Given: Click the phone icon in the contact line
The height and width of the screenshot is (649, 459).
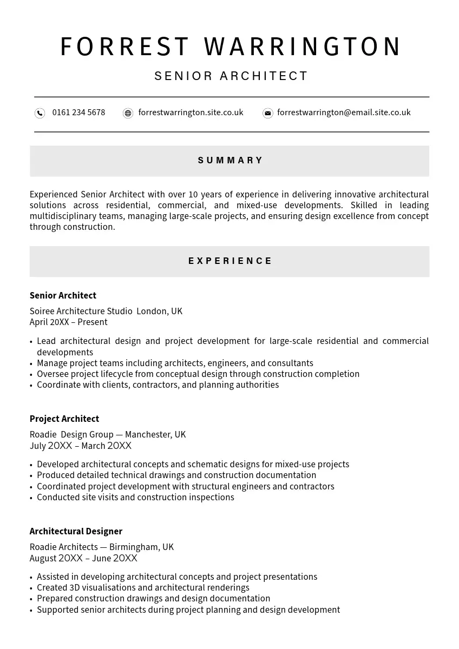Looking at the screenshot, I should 40,113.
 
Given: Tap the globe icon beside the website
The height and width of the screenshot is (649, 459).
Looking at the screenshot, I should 128,113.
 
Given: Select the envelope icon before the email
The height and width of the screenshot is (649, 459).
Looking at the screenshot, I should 267,113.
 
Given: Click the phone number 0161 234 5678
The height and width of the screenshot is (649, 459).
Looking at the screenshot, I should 78,112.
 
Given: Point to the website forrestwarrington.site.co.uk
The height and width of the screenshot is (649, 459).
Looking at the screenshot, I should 191,112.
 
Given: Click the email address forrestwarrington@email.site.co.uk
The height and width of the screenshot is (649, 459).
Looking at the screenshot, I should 344,112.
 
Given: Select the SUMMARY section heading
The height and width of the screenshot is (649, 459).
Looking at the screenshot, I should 230,161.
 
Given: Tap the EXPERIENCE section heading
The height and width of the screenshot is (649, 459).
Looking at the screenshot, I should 230,261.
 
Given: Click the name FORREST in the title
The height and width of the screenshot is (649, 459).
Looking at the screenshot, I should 124,47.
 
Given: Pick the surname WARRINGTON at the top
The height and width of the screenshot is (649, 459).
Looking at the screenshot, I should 303,47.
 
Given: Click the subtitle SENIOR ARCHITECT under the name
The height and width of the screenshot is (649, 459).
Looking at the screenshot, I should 231,76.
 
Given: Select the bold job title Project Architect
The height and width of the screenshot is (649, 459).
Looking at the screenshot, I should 64,419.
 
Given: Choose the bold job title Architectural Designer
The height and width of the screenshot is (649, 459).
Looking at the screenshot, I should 76,532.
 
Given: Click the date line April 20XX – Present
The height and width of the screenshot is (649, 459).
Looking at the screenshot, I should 69,322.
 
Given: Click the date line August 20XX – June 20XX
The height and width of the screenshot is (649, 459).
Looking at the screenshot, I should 83,559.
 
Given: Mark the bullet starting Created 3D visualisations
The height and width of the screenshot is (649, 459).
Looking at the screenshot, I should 143,588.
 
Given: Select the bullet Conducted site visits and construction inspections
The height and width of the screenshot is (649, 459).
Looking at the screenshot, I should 135,498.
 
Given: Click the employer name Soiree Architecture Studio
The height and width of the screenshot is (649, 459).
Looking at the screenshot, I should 81,312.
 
